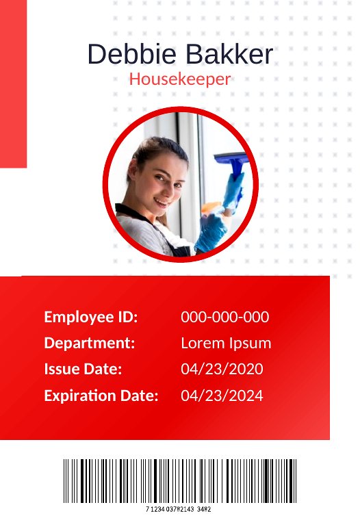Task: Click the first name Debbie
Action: pos(132,54)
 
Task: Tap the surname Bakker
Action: pos(229,54)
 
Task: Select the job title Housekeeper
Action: pos(180,79)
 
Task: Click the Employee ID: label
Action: pos(91,318)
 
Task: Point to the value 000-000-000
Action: pos(225,317)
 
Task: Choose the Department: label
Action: pos(90,343)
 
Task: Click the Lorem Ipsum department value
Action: pos(226,344)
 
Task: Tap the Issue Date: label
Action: pos(83,369)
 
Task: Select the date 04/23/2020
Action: pos(222,369)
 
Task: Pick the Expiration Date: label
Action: pos(101,396)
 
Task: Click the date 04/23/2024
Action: pos(222,396)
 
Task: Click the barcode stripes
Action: pos(180,481)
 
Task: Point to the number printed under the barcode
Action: pos(179,509)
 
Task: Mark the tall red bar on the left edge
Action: pos(13,83)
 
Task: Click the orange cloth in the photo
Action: pos(211,207)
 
